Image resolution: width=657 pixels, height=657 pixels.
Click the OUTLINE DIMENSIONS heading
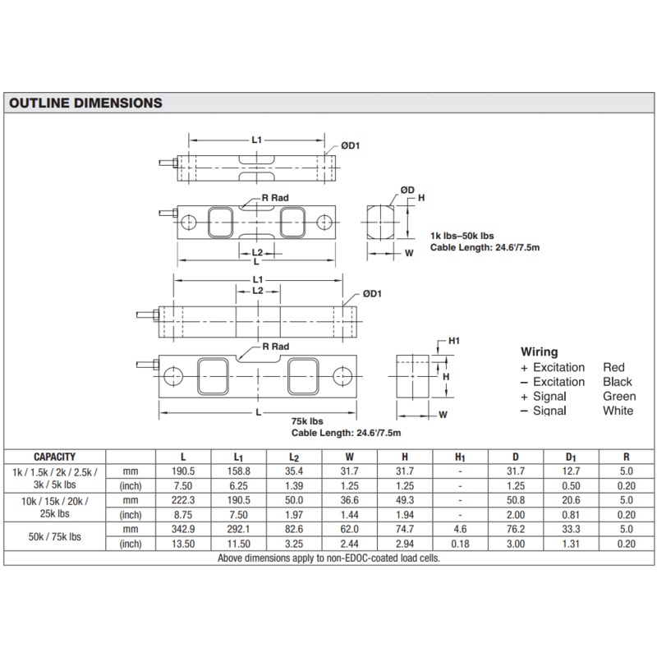(85, 103)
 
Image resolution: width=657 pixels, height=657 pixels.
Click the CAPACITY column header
(55, 456)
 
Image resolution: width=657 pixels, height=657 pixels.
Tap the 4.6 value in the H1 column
(460, 530)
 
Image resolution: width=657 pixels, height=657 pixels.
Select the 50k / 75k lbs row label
(55, 531)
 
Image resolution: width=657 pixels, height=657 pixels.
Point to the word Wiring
(539, 351)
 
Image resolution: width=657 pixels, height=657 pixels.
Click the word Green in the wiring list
(619, 396)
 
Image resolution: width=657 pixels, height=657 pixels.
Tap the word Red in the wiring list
(613, 367)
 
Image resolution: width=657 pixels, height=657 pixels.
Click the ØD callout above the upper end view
(407, 190)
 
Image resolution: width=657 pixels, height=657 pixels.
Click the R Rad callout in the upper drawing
(275, 199)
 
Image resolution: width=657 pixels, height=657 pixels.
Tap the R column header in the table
(627, 457)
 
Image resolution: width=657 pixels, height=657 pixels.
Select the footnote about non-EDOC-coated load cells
(328, 558)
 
